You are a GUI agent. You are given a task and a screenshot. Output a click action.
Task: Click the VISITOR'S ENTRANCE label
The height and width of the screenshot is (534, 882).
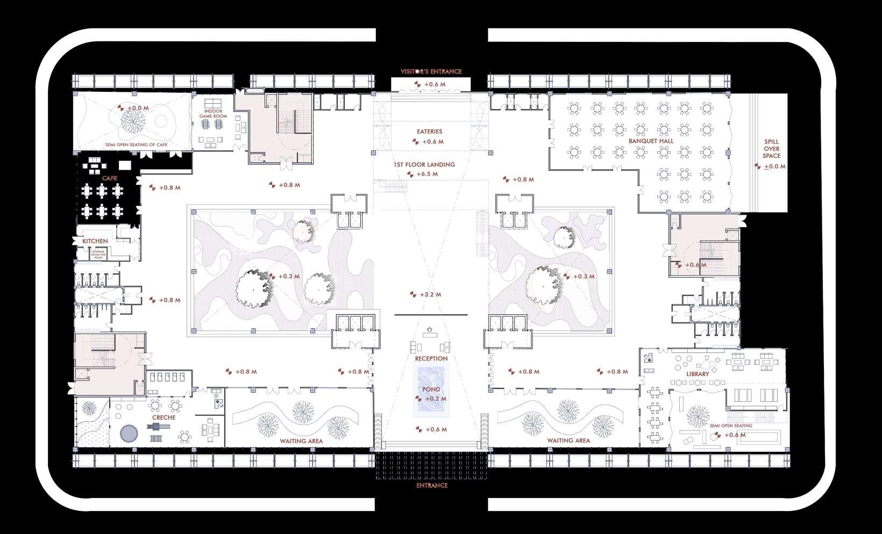431,71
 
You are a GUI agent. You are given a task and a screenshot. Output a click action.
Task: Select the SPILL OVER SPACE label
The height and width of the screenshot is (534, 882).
771,149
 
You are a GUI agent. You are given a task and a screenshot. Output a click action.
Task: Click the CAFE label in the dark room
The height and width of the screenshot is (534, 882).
110,177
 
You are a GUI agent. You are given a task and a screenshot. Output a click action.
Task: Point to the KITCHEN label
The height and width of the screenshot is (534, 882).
95,242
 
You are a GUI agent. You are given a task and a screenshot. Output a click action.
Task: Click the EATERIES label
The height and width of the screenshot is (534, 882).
429,131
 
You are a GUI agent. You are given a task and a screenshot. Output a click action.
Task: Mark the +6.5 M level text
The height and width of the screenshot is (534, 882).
427,174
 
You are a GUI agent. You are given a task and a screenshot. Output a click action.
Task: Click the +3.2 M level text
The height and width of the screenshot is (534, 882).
430,294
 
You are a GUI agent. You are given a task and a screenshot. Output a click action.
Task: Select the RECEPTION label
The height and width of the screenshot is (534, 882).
431,358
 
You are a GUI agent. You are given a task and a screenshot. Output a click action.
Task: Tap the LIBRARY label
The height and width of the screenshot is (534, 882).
698,374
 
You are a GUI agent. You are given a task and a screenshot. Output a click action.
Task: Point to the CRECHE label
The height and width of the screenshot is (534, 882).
163,417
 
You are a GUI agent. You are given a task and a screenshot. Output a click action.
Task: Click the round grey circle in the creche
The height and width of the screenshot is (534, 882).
130,433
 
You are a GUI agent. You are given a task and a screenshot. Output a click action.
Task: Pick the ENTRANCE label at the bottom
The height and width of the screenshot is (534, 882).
432,486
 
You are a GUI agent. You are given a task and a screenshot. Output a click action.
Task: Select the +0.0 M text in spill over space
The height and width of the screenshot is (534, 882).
774,167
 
